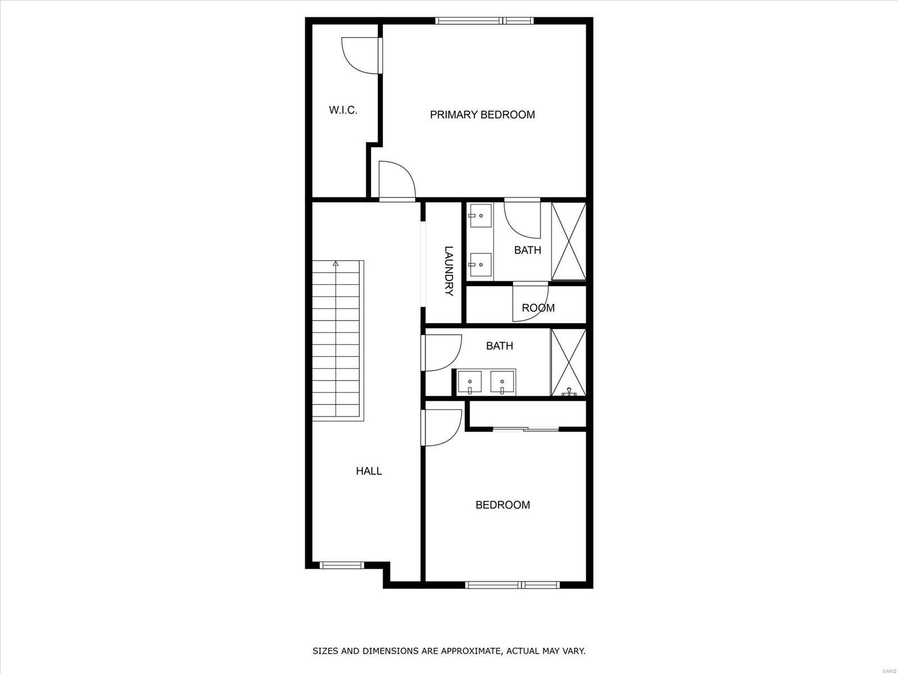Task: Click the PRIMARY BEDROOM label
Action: click(482, 115)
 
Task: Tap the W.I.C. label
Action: click(343, 110)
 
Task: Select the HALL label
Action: click(368, 471)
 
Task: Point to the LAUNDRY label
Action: click(449, 270)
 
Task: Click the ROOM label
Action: click(538, 307)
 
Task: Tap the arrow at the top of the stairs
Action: click(336, 263)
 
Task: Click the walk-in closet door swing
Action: click(360, 56)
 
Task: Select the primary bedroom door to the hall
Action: click(397, 180)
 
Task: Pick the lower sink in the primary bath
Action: click(480, 265)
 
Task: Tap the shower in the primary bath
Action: click(569, 241)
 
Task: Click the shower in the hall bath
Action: click(568, 363)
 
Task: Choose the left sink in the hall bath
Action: click(469, 382)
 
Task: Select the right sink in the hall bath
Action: click(502, 382)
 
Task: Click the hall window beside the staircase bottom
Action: click(341, 566)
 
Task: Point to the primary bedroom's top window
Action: click(485, 20)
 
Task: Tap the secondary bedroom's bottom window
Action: click(513, 585)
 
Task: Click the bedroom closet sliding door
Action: click(526, 429)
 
